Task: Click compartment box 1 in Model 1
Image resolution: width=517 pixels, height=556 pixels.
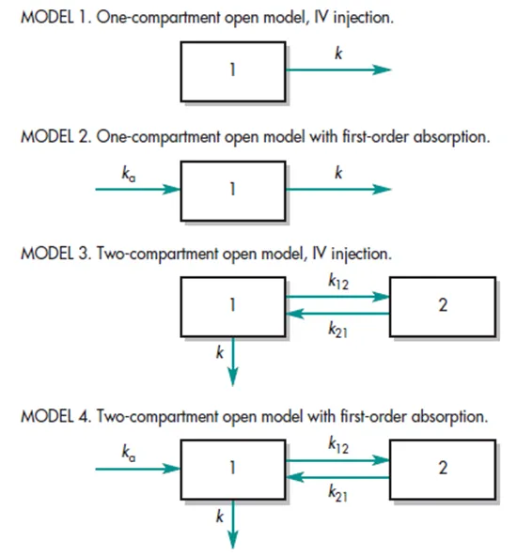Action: pos(232,71)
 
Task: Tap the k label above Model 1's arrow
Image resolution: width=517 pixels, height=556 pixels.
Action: pos(337,54)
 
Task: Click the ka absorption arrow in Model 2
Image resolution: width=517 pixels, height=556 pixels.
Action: pos(137,189)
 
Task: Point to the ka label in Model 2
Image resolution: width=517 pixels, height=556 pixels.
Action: pos(129,173)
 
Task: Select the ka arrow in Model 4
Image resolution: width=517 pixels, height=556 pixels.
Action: pos(137,467)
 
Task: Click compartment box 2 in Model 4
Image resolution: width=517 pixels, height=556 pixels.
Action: pos(442,469)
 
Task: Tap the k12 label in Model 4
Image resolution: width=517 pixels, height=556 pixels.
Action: pos(337,446)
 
